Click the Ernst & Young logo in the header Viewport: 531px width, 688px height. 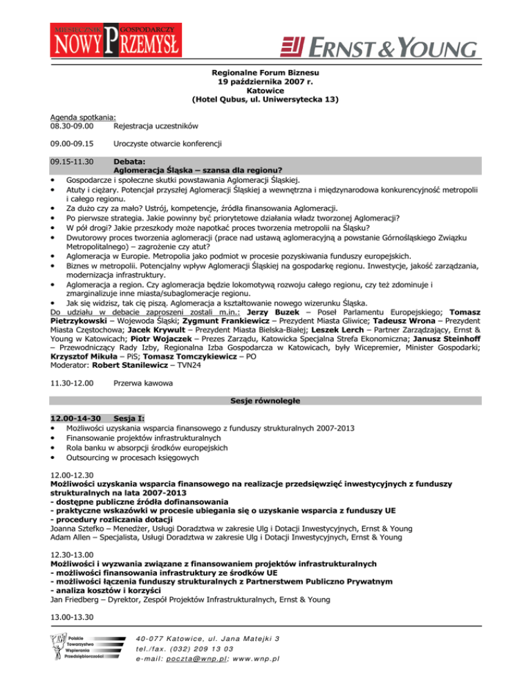(378, 46)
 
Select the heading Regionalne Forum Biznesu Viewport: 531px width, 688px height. (265, 73)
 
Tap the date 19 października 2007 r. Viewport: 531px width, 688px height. (265, 82)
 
